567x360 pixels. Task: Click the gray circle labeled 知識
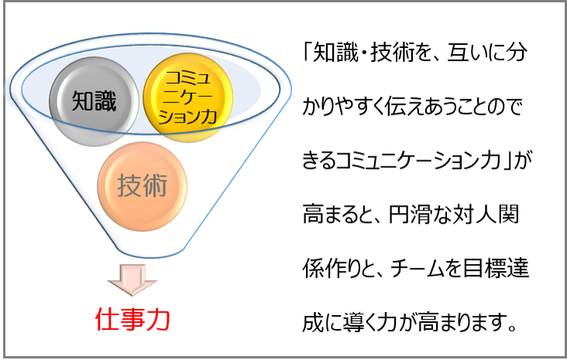point(94,101)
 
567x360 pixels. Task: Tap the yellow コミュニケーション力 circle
point(187,98)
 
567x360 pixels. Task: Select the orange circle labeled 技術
point(142,186)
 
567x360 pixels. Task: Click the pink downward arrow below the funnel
point(132,279)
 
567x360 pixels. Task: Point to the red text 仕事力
point(132,320)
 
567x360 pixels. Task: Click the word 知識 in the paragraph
point(335,53)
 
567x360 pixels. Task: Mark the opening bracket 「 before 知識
point(308,52)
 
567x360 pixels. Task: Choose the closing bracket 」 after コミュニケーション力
point(507,161)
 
